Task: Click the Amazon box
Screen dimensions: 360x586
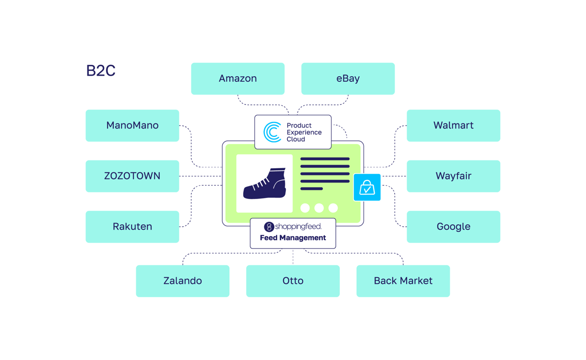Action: pos(237,79)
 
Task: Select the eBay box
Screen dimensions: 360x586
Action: pos(348,79)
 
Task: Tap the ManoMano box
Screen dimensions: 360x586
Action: pos(132,125)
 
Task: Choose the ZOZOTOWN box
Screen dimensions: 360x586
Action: pos(132,176)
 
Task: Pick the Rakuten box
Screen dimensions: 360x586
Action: pos(132,227)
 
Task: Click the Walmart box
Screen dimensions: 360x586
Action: pos(453,125)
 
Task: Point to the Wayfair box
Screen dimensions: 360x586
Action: pos(453,176)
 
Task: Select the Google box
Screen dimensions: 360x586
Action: pos(453,227)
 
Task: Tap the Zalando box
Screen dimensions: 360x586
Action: pos(182,281)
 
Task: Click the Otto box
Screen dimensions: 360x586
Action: pos(293,281)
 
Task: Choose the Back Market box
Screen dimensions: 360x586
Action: pos(403,281)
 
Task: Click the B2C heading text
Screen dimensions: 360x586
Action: pos(101,70)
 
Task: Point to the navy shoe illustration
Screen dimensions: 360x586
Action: pos(265,184)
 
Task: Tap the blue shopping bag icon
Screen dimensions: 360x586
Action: pos(367,187)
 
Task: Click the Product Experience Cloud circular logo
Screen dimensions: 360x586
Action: pos(272,132)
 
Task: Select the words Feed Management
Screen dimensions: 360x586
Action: pos(293,238)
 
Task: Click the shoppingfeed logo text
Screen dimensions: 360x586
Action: pos(298,226)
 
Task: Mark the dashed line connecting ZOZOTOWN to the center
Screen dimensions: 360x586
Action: pos(200,176)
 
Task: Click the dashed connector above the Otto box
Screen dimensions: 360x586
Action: pos(293,257)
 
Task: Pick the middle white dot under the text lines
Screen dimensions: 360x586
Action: pos(319,208)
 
